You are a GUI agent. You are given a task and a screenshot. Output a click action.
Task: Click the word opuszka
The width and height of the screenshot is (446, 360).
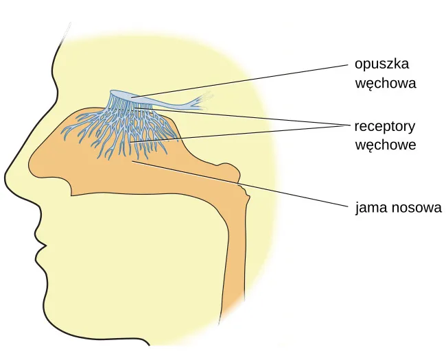[x=382, y=64]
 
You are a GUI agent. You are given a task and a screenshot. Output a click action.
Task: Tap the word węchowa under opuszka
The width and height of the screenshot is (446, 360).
[x=386, y=84]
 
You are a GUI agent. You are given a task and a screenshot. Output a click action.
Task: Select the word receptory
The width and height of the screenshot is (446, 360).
[x=385, y=127]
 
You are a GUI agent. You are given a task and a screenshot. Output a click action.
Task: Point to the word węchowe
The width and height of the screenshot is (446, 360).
[x=386, y=145]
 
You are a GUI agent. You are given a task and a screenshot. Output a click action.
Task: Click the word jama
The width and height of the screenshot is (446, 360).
[x=371, y=208]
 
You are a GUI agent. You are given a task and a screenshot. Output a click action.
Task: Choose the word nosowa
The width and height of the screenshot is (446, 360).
[x=416, y=208]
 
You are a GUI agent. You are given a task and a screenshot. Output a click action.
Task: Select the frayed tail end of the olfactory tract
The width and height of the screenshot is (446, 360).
[x=203, y=101]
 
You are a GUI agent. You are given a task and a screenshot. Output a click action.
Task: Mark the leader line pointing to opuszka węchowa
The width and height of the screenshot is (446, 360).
[x=239, y=81]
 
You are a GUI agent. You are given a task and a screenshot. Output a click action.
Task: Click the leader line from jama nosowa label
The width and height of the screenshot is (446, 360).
[x=240, y=183]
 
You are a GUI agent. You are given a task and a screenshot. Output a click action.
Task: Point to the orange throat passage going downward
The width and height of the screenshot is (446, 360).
[x=233, y=256]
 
